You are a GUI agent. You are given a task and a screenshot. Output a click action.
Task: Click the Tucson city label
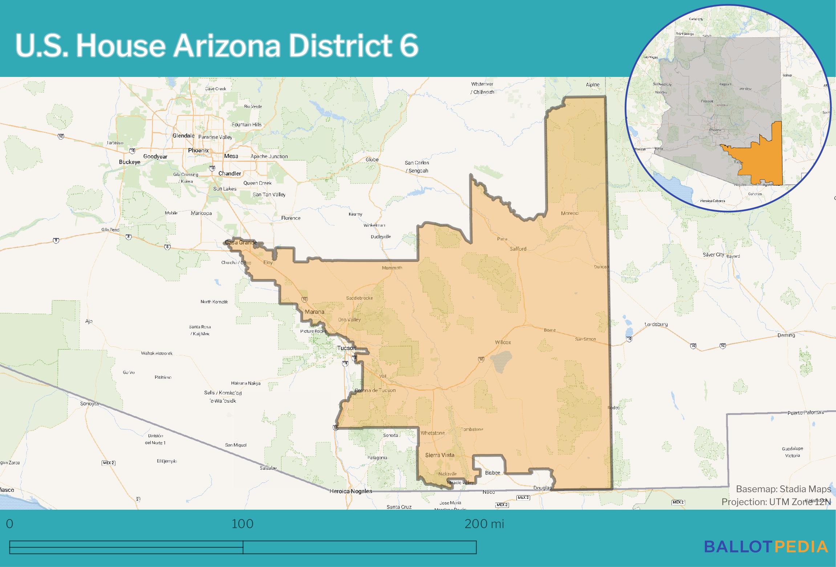coord(346,348)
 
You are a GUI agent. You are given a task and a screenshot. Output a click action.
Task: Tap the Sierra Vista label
coord(439,455)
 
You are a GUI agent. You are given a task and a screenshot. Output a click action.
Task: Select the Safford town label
coord(518,249)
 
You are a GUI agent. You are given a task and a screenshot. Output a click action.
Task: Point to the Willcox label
coord(503,342)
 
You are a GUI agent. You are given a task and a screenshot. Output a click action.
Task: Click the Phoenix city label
coord(198,150)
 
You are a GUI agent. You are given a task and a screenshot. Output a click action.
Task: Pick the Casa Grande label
coord(241,242)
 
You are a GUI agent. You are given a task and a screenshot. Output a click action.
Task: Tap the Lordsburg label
coord(656,324)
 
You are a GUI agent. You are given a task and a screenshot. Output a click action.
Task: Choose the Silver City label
coord(713,255)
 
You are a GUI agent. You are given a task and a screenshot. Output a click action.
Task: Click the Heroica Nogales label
coord(350,491)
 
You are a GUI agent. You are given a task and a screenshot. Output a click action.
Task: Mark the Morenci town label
coord(570,213)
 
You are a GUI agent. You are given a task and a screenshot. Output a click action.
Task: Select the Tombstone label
coord(472,430)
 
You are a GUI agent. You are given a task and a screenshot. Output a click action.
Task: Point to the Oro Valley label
coord(349,320)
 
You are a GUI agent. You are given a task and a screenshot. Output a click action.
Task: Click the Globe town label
coord(372,160)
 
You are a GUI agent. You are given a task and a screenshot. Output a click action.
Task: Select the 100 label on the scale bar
coord(243,524)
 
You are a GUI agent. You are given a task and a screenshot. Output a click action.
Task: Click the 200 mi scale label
coord(484,524)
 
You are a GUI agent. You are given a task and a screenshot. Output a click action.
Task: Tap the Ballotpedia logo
coord(766,546)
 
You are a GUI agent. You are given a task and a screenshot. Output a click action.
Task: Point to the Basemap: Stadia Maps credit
coord(783,489)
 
